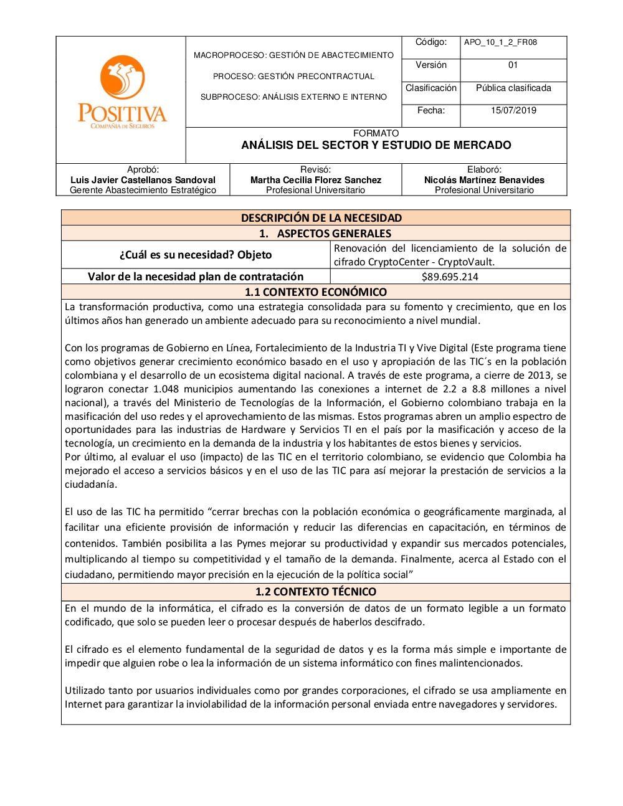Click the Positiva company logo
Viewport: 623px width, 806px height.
(122, 92)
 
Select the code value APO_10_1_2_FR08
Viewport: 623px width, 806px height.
(500, 42)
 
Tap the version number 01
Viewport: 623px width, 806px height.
(513, 65)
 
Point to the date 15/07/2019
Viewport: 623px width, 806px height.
(513, 110)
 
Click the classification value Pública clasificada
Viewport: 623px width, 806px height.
(513, 88)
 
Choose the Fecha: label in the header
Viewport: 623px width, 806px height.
(431, 110)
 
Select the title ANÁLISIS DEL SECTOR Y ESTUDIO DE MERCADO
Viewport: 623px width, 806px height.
(376, 145)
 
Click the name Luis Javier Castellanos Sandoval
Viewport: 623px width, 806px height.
(143, 180)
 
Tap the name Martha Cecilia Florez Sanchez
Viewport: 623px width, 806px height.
(316, 180)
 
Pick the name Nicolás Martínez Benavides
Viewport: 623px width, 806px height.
(484, 180)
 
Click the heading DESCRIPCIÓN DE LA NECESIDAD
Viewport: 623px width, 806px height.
(321, 218)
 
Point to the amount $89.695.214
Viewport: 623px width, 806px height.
(450, 277)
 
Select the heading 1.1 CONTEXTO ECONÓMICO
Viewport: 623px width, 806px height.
(315, 292)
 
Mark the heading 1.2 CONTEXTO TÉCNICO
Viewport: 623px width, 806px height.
(316, 592)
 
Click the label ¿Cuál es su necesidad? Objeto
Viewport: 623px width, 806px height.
(196, 255)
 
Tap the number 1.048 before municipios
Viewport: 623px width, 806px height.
(166, 389)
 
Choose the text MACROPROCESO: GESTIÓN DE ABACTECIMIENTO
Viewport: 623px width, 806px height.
(293, 55)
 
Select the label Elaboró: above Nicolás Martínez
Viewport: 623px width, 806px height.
(484, 169)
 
